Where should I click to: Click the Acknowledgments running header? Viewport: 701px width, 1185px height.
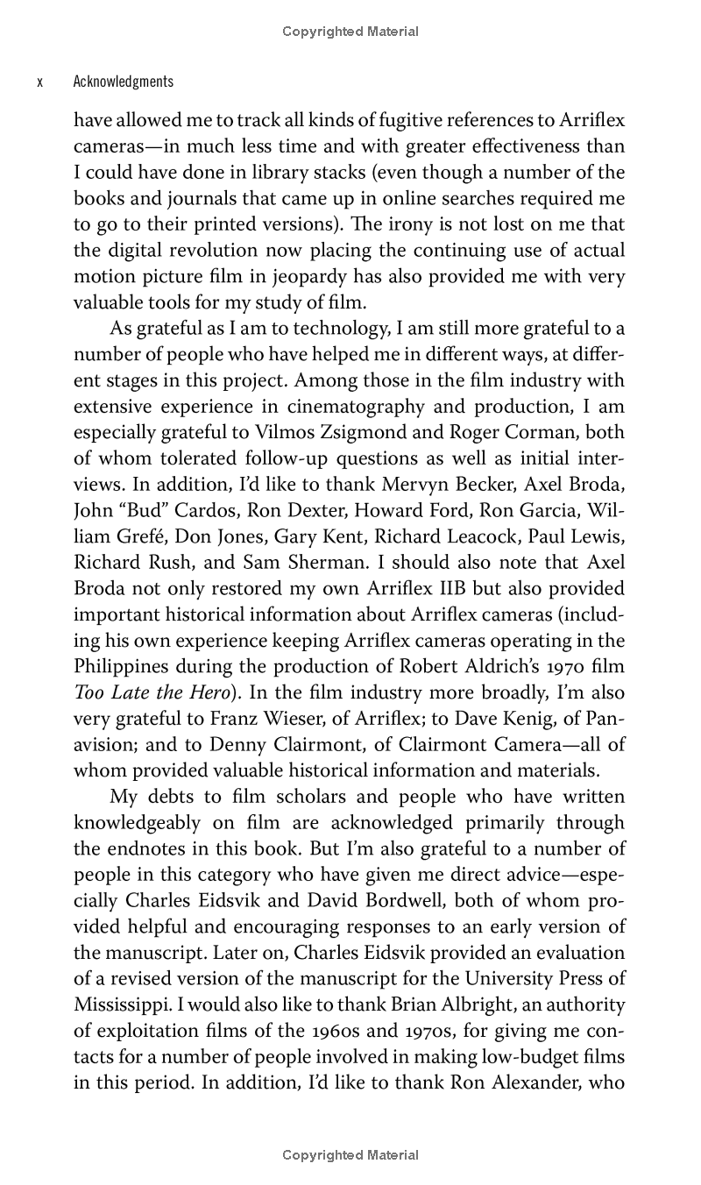pyautogui.click(x=124, y=82)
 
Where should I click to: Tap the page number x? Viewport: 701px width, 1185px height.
pyautogui.click(x=40, y=82)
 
